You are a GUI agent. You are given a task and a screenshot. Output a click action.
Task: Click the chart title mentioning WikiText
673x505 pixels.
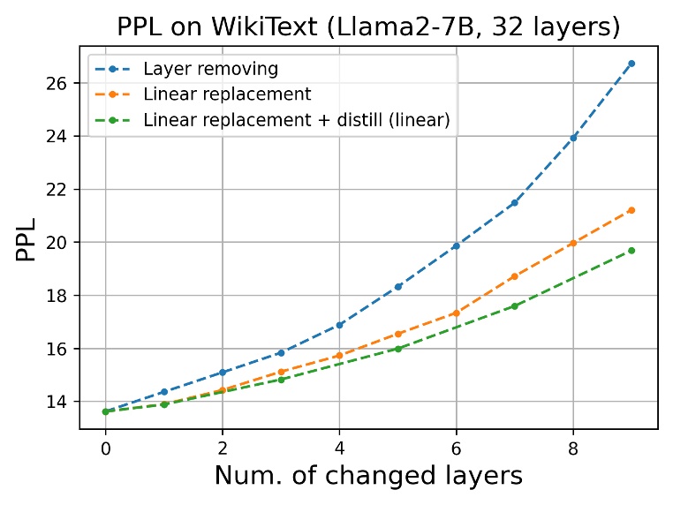point(368,26)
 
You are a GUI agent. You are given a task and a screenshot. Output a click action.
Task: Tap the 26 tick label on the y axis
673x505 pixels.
point(58,83)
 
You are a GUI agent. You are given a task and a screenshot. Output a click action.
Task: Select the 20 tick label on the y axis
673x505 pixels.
point(58,243)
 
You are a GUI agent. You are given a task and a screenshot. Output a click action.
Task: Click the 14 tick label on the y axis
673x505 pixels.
point(58,402)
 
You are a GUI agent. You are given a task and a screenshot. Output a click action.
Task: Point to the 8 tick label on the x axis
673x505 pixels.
point(573,448)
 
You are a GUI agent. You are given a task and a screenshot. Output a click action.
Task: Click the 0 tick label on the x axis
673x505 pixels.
point(105,448)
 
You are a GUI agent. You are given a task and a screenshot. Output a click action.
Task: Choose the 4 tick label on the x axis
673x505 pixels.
point(339,448)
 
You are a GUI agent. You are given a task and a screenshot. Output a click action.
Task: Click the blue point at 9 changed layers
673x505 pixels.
point(631,64)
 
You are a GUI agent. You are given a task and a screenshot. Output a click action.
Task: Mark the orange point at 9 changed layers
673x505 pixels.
point(631,210)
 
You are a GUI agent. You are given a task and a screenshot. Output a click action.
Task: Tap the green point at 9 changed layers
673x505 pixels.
point(631,251)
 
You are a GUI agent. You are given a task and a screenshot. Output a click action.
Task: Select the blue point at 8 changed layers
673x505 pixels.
point(573,138)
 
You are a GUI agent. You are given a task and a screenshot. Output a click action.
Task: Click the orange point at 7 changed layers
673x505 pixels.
point(515,276)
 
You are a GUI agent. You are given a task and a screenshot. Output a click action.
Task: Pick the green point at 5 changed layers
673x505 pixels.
point(397,349)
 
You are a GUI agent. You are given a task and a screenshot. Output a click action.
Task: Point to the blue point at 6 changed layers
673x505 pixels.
point(456,246)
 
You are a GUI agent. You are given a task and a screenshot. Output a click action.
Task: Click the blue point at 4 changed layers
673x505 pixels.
point(339,325)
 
